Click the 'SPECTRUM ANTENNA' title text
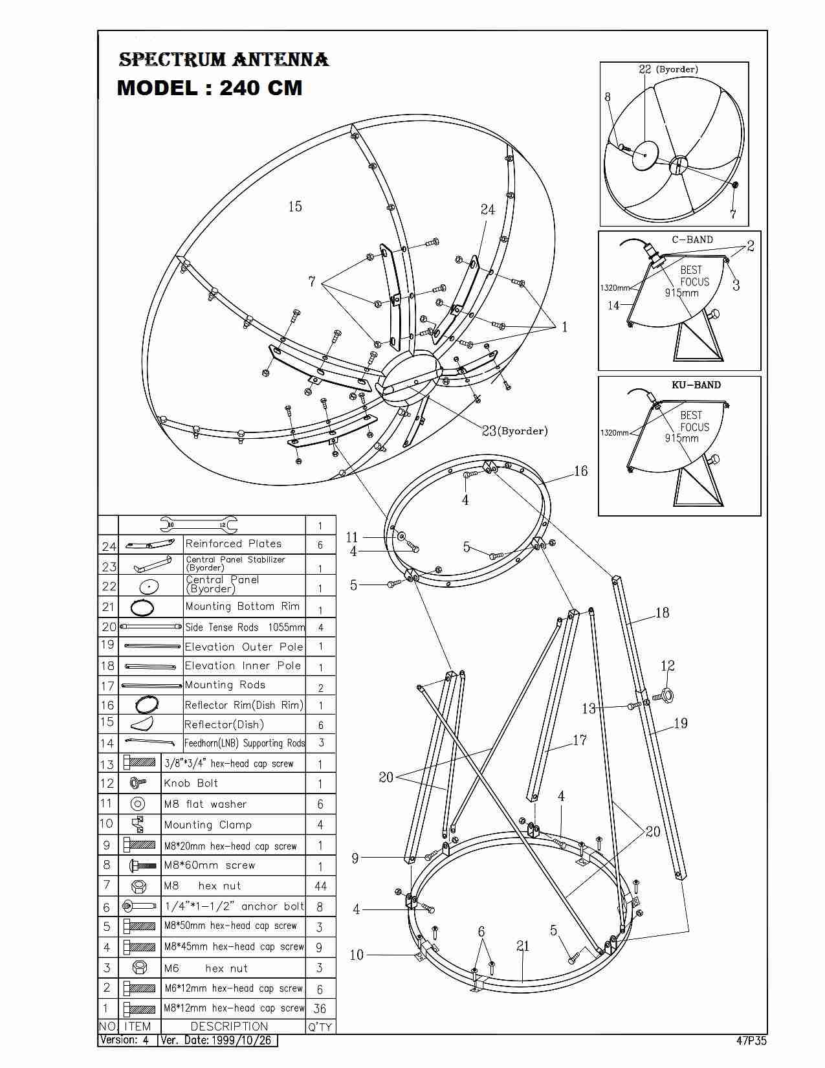point(224,60)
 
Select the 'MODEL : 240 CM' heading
point(210,87)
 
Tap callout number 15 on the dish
point(295,206)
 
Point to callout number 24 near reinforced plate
point(488,209)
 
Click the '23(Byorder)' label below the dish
point(515,430)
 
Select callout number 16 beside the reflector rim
point(580,471)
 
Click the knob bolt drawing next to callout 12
point(663,696)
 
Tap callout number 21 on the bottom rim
point(523,946)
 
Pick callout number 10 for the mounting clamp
point(357,955)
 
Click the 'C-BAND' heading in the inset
point(692,239)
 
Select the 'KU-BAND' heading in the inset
point(696,384)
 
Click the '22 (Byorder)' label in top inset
point(668,69)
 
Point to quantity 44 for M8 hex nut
point(320,886)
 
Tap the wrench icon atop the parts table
point(199,524)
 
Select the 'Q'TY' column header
point(320,1027)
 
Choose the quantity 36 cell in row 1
point(320,1008)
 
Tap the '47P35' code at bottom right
point(751,1041)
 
